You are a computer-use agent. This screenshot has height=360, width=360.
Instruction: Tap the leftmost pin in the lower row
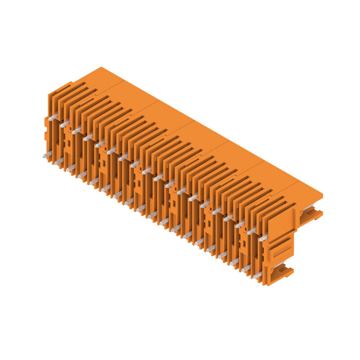[x=47, y=155]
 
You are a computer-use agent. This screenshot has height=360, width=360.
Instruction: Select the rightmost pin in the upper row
[x=263, y=237]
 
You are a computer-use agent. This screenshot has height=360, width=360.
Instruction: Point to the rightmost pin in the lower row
[x=257, y=275]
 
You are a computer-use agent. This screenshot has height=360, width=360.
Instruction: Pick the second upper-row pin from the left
[x=65, y=124]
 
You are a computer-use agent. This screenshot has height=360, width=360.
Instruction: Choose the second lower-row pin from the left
[x=58, y=162]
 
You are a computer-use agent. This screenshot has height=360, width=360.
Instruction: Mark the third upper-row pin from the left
[x=76, y=130]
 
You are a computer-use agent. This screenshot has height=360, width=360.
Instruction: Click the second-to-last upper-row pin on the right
[x=252, y=230]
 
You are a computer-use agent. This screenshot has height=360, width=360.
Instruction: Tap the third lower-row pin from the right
[x=234, y=262]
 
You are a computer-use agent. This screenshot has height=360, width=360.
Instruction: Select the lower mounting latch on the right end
[x=283, y=272]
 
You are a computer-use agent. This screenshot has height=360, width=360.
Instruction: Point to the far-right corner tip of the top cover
[x=322, y=195]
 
